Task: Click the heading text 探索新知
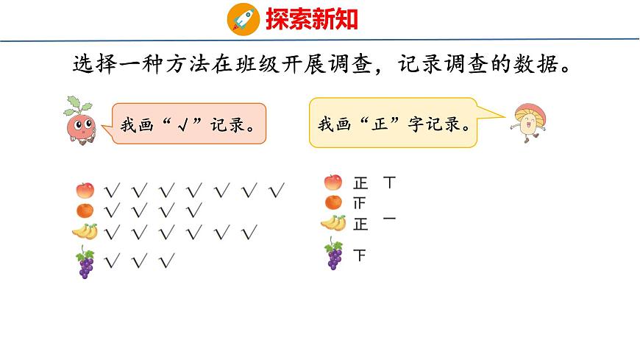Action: tap(312, 18)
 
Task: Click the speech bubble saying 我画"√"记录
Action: tap(188, 123)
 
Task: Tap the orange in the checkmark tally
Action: tap(85, 211)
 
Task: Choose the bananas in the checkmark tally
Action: tap(85, 232)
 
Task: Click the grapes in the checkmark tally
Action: tap(85, 264)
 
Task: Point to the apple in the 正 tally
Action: tap(333, 182)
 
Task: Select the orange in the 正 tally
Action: tap(333, 202)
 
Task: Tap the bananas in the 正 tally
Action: tap(333, 222)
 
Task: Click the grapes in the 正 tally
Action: tap(334, 254)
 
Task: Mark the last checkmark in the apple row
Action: tap(277, 191)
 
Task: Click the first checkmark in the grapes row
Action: tap(113, 260)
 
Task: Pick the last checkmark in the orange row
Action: tap(194, 211)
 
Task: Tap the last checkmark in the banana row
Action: tap(249, 233)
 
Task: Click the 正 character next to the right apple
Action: tap(360, 183)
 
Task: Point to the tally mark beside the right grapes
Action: tap(360, 256)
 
